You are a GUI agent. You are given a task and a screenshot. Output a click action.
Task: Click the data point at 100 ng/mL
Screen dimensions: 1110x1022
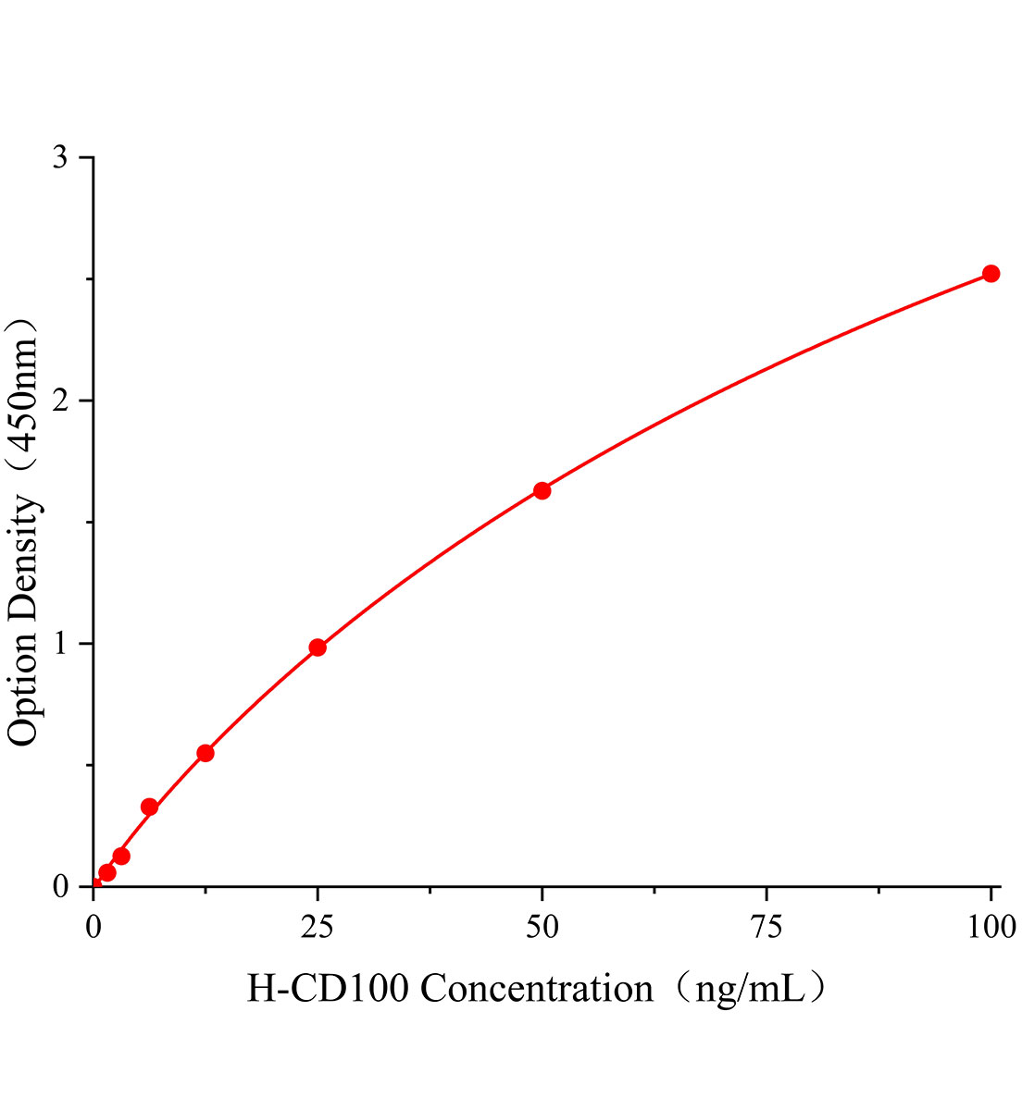[991, 273]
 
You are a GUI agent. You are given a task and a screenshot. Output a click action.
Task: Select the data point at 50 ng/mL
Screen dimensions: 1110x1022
[542, 490]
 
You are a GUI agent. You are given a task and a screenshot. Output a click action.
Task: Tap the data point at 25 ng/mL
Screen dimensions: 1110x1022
[318, 647]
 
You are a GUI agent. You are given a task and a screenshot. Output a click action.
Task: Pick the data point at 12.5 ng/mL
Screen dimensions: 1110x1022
[206, 753]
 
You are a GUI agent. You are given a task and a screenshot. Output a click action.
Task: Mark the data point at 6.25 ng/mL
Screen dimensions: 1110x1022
[149, 807]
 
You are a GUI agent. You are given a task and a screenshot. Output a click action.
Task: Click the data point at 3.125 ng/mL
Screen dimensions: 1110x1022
[121, 856]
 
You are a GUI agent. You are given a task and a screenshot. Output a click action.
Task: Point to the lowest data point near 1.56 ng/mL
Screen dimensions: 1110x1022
[107, 872]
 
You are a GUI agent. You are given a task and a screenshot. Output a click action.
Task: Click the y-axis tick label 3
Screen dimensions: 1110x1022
[61, 158]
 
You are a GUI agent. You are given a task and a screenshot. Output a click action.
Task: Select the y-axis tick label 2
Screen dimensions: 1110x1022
[61, 401]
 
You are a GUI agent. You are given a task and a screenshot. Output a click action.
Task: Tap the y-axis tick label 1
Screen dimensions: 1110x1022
[61, 644]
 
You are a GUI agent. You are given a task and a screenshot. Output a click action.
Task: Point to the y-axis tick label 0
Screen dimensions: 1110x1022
[61, 887]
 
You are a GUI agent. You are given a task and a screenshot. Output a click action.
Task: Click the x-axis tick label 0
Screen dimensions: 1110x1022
[93, 927]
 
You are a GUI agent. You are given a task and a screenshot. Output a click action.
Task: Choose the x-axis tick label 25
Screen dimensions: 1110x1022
[318, 927]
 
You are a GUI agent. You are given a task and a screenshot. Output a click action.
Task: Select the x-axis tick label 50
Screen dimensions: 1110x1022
[542, 927]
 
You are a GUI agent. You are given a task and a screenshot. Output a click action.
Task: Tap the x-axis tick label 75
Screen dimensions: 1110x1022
[766, 927]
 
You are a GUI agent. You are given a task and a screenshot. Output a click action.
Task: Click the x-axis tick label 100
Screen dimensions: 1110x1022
[991, 927]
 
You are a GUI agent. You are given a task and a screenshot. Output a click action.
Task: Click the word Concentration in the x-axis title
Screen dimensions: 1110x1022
[537, 990]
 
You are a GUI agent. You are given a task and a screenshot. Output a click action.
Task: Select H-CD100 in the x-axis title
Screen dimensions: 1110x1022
[328, 990]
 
